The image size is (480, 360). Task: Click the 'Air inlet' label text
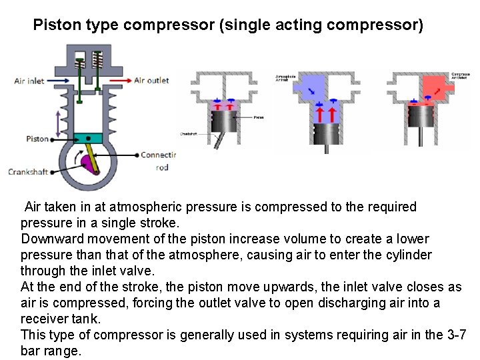coord(29,81)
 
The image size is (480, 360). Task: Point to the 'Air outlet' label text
coord(151,81)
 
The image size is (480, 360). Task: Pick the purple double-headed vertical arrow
coord(59,123)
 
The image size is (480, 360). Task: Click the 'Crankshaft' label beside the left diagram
coord(28,172)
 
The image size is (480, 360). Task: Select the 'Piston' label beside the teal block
coord(37,139)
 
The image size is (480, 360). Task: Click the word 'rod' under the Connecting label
coord(162,167)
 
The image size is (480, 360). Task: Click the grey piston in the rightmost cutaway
coord(422,117)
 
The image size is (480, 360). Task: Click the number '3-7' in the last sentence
coord(455,335)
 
